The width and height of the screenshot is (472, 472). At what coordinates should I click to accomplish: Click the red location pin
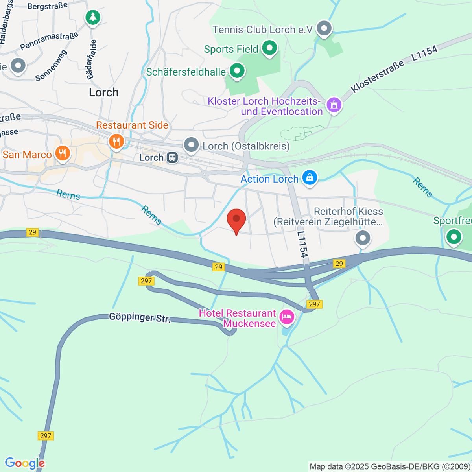click(x=236, y=220)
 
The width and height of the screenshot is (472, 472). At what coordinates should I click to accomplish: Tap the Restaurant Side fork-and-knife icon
click(x=116, y=141)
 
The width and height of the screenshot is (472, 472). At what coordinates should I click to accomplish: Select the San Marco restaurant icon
click(x=62, y=153)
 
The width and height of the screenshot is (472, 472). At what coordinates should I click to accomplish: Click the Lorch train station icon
click(x=172, y=158)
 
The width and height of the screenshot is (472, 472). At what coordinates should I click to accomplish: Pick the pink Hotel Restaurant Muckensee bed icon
click(x=287, y=317)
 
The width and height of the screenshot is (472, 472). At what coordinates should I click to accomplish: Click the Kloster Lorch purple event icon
click(x=334, y=105)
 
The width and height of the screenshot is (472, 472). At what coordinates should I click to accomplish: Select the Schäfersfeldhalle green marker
click(x=237, y=72)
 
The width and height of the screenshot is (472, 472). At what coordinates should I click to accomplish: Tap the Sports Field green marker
click(x=269, y=49)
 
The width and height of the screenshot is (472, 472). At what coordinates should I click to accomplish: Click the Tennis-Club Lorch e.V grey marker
click(x=324, y=29)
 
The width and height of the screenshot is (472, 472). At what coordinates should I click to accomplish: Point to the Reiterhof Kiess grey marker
click(x=363, y=238)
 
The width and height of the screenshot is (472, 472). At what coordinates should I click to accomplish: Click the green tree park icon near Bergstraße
click(x=92, y=17)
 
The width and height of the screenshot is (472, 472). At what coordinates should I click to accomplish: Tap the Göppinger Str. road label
click(x=140, y=318)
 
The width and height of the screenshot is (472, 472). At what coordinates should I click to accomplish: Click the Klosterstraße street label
click(x=378, y=76)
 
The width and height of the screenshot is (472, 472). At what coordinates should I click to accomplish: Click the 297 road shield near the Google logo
click(x=46, y=436)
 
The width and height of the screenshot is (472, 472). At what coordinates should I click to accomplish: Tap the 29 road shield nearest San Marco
click(x=32, y=232)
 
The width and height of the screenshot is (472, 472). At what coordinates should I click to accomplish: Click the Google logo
click(x=24, y=463)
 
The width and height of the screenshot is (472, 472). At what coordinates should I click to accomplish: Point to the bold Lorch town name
click(x=103, y=92)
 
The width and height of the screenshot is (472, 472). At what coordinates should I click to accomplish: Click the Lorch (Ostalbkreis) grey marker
click(x=192, y=145)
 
